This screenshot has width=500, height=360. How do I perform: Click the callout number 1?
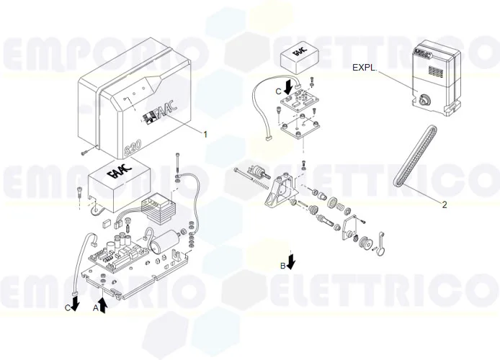point(205,134)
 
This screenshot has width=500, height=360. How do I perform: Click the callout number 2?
point(445,204)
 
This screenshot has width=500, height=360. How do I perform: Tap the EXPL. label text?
point(364,67)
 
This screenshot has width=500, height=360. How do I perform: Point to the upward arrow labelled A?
point(103,305)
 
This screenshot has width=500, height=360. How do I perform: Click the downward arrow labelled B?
point(291,261)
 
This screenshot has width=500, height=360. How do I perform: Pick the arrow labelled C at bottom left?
point(75,302)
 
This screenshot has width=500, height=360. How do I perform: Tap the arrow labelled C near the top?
point(288,86)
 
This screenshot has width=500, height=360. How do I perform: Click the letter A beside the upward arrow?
point(95,307)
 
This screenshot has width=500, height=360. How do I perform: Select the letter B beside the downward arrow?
point(282,266)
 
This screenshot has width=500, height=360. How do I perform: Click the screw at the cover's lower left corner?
point(85,152)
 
